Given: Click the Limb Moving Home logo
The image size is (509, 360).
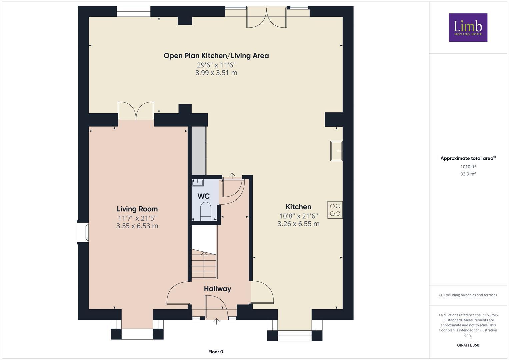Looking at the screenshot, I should coord(468,27).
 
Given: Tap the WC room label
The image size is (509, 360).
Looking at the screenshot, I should coord(203,196).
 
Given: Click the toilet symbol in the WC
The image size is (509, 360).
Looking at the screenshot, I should coord(206,211).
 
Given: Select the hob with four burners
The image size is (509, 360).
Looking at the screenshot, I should coord(335,210).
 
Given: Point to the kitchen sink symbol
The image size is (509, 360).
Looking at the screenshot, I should coord(336,151).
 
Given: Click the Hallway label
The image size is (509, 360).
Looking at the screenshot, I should coord(217,289).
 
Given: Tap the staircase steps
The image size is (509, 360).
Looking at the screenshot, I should coord(204,265).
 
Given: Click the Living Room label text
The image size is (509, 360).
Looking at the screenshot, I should coord(137,209).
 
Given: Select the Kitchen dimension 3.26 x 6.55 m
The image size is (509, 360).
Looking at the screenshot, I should coord(298,224).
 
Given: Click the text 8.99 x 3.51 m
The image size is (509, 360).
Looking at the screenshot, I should coord(216,73).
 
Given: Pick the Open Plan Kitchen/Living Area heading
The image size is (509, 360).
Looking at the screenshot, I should coord(216,56).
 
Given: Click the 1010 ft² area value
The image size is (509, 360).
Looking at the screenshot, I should coord(468,167).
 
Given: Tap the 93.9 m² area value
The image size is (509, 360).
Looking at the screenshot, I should coord(468,174).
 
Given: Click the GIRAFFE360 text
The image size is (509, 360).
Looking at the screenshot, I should coord(468,345).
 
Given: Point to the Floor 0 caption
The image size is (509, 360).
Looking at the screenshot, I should coord(216,352).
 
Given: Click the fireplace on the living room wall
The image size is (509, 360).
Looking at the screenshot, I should coord(83,232).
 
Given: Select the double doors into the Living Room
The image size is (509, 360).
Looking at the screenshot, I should coord(136,111).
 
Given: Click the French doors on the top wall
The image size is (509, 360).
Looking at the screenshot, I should coord(266,18).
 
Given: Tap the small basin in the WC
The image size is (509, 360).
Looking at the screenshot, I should coord(198,182).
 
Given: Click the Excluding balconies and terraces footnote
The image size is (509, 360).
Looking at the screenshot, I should coord(468,295).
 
